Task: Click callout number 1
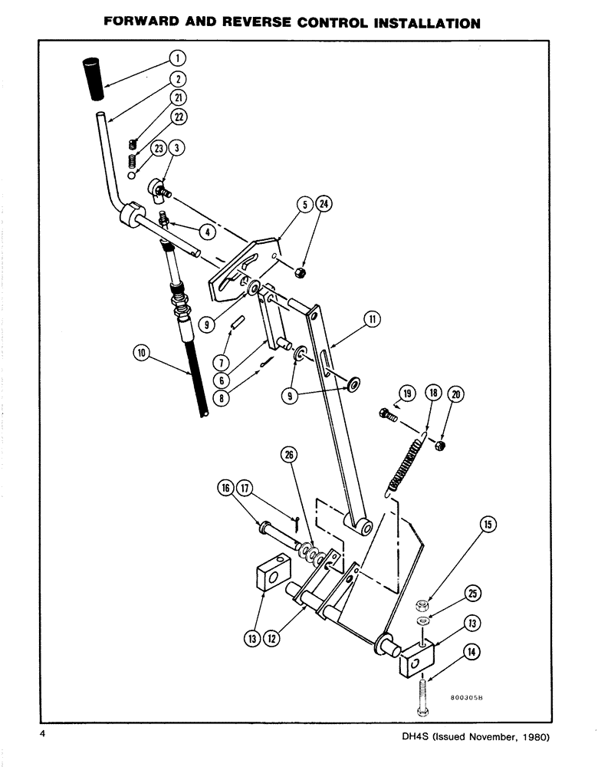(176, 58)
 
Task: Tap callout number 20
(456, 394)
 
